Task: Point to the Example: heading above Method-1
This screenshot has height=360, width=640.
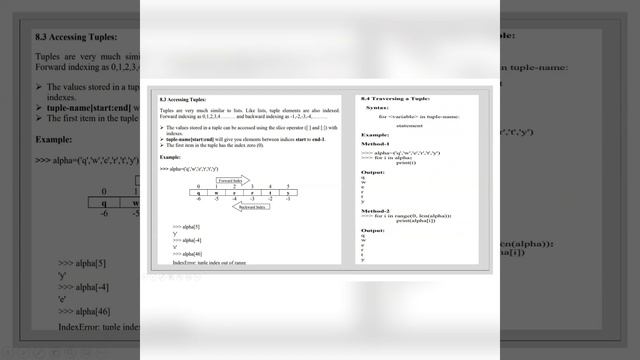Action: pos(375,134)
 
